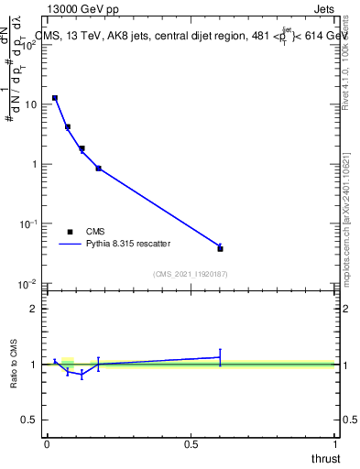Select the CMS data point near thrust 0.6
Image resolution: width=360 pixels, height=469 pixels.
click(x=220, y=248)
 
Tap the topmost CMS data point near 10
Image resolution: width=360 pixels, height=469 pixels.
click(x=55, y=97)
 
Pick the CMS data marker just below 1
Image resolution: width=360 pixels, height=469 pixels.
click(x=98, y=169)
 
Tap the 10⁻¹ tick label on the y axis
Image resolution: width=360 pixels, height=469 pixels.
click(x=28, y=224)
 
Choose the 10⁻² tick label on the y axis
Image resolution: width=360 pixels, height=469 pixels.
click(x=28, y=284)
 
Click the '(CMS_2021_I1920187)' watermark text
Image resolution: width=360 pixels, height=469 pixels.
click(x=191, y=273)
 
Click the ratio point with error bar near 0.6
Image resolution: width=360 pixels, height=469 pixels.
click(x=220, y=357)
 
